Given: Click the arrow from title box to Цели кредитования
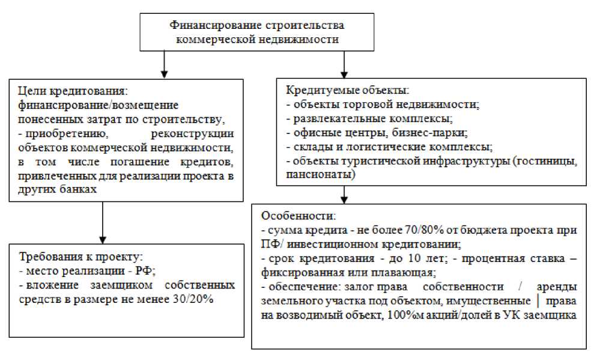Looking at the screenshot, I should click(x=163, y=64).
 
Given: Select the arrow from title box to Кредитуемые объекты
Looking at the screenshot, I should click(x=344, y=64).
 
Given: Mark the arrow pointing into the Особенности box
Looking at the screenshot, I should click(x=344, y=195).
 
